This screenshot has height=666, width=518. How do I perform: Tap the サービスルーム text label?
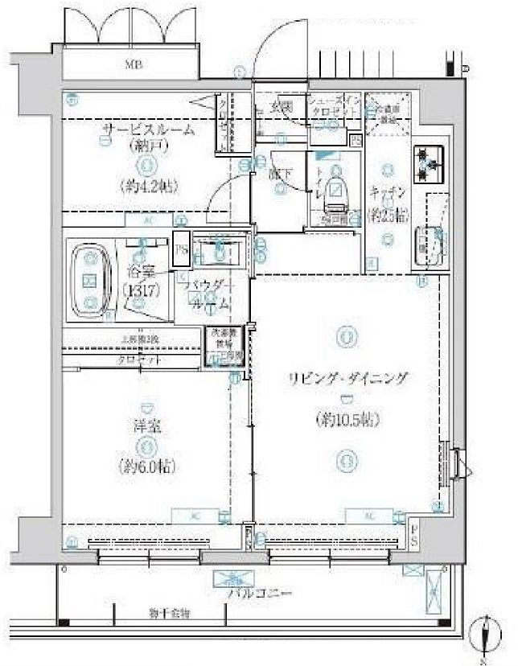click(148, 131)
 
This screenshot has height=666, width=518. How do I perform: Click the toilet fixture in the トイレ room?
click(335, 190)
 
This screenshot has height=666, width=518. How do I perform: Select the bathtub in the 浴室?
click(91, 280)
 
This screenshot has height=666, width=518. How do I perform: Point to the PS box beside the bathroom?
click(182, 250)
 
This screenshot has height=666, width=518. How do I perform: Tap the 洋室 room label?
click(146, 428)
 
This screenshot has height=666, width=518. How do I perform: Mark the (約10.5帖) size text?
click(347, 419)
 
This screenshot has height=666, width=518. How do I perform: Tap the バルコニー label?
click(248, 594)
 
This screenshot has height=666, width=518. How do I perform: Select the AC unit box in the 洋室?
click(197, 515)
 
